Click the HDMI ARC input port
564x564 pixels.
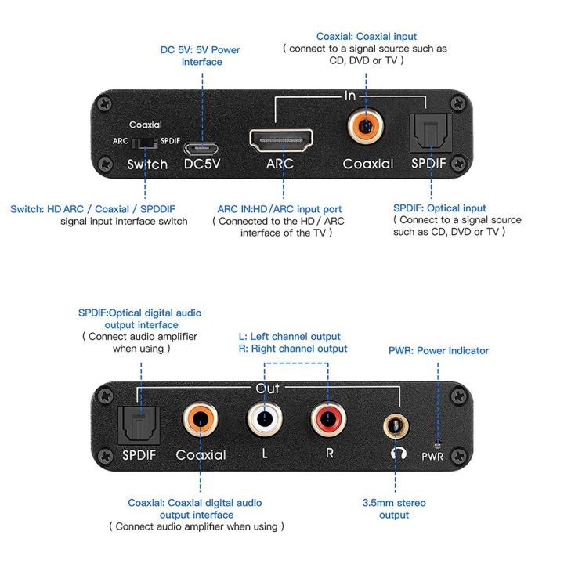pyautogui.click(x=280, y=141)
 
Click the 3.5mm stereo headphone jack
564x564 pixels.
pyautogui.click(x=396, y=425)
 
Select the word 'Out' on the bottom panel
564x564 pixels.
pyautogui.click(x=266, y=389)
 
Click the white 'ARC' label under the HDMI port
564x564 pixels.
pyautogui.click(x=280, y=164)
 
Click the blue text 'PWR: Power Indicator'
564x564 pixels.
pyautogui.click(x=439, y=350)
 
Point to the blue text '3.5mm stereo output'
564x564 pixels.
pyautogui.click(x=394, y=508)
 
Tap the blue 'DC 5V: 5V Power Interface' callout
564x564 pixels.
pyautogui.click(x=201, y=56)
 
